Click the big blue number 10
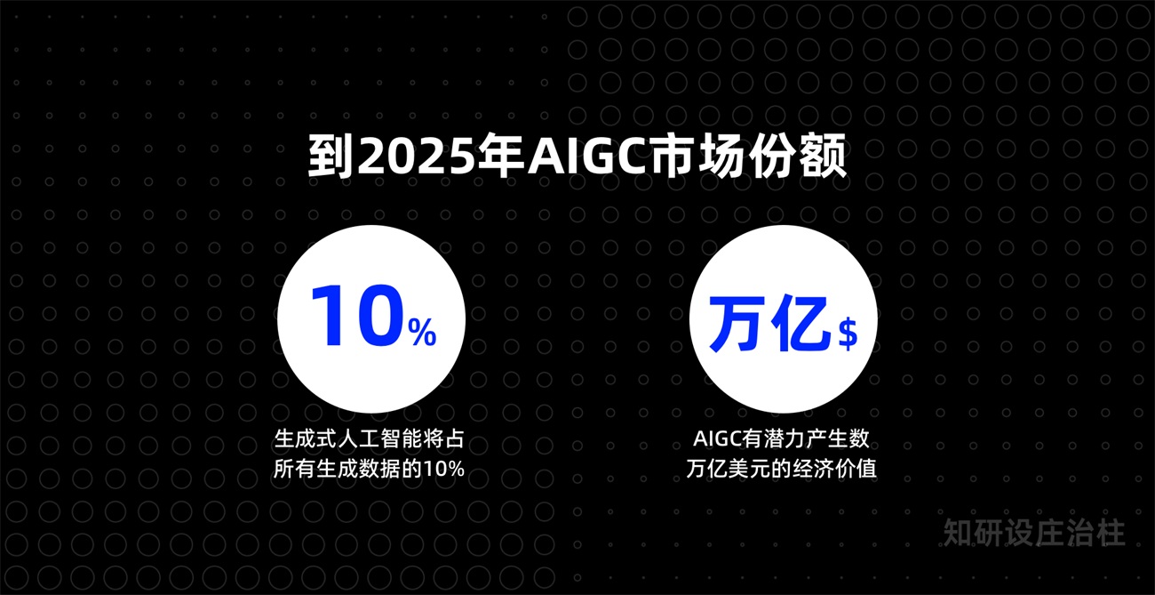pos(355,317)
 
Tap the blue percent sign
pos(422,333)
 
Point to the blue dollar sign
pos(848,334)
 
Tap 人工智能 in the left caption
pos(376,440)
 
